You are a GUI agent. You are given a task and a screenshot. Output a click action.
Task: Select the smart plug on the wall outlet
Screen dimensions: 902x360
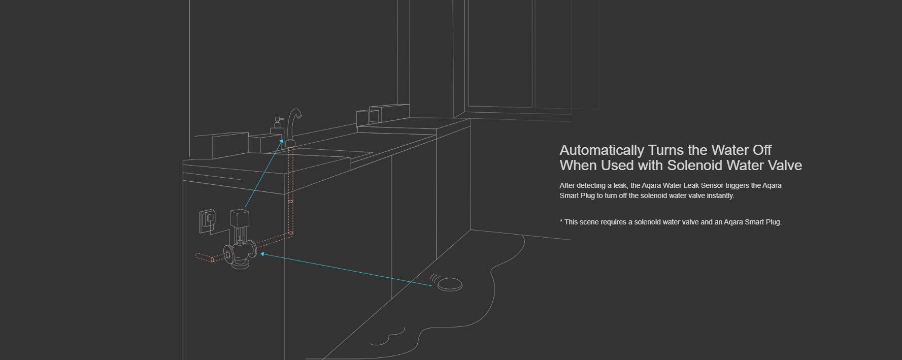click(209, 219)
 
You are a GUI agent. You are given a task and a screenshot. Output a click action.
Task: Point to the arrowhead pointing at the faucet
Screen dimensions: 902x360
click(282, 144)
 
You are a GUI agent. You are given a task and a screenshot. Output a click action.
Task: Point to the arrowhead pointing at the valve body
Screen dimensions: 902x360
click(263, 254)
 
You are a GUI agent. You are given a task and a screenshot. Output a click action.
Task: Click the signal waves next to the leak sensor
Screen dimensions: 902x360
click(434, 279)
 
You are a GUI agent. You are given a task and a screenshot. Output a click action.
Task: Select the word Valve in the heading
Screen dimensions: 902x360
click(785, 165)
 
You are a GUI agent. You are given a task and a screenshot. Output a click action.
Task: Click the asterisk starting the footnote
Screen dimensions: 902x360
click(561, 221)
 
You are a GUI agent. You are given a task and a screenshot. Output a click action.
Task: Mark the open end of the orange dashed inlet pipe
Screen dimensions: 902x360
click(197, 255)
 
